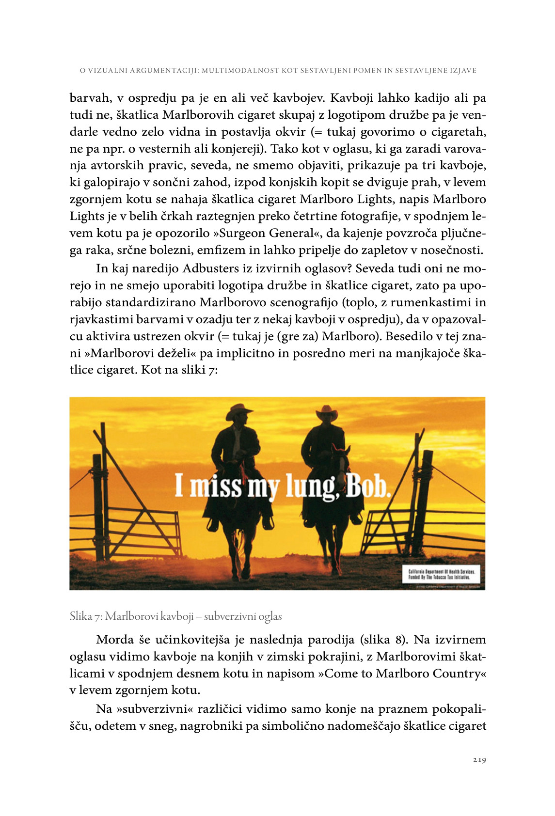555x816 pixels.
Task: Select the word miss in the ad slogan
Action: tap(216, 486)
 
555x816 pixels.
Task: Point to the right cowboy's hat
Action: tap(327, 413)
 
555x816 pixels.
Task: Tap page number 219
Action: tap(479, 760)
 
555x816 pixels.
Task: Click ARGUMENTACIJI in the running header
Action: tap(164, 71)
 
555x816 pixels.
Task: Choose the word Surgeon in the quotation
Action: tap(242, 234)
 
